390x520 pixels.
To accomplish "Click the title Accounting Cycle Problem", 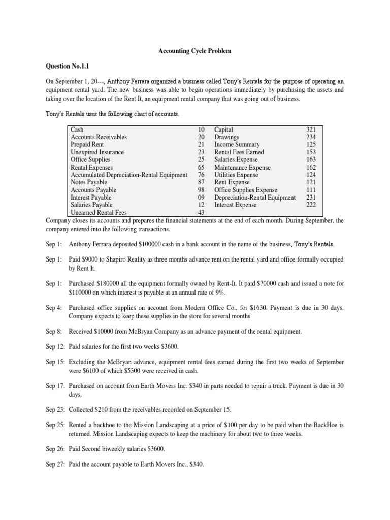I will click(x=195, y=51).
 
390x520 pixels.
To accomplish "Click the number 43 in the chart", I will click(x=201, y=213).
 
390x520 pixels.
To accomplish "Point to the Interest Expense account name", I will click(x=236, y=205).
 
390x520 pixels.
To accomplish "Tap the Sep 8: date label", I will click(x=54, y=332).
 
